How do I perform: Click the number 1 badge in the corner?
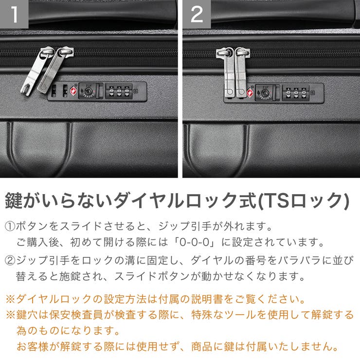click(14, 14)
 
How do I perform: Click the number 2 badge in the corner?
click(197, 14)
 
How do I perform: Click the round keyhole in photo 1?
click(88, 90)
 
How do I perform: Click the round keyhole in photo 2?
click(265, 92)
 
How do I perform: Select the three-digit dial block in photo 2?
click(295, 92)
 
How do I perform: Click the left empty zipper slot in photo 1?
click(54, 90)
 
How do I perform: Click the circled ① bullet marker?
click(10, 227)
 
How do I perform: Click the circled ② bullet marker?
click(10, 260)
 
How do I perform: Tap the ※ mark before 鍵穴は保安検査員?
click(10, 315)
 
